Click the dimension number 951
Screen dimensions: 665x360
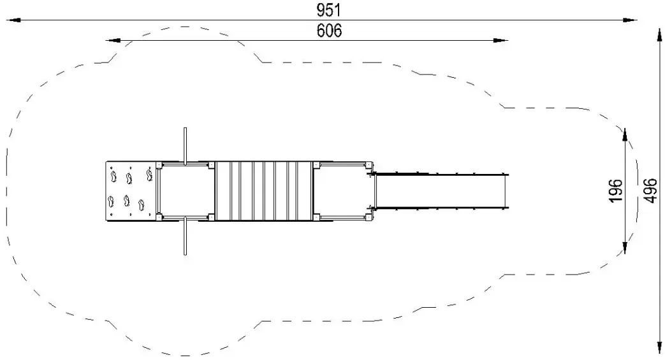[x=329, y=10]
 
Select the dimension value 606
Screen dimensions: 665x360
[x=329, y=31]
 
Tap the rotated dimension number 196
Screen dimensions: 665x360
[x=616, y=191]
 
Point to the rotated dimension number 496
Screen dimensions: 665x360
[x=650, y=191]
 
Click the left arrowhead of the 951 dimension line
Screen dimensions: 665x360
[x=13, y=20]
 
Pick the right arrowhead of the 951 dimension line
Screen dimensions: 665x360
[x=630, y=20]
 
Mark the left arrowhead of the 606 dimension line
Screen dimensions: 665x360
[x=113, y=40]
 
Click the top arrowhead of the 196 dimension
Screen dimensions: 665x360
[x=625, y=135]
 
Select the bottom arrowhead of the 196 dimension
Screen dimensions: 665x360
[x=625, y=247]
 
